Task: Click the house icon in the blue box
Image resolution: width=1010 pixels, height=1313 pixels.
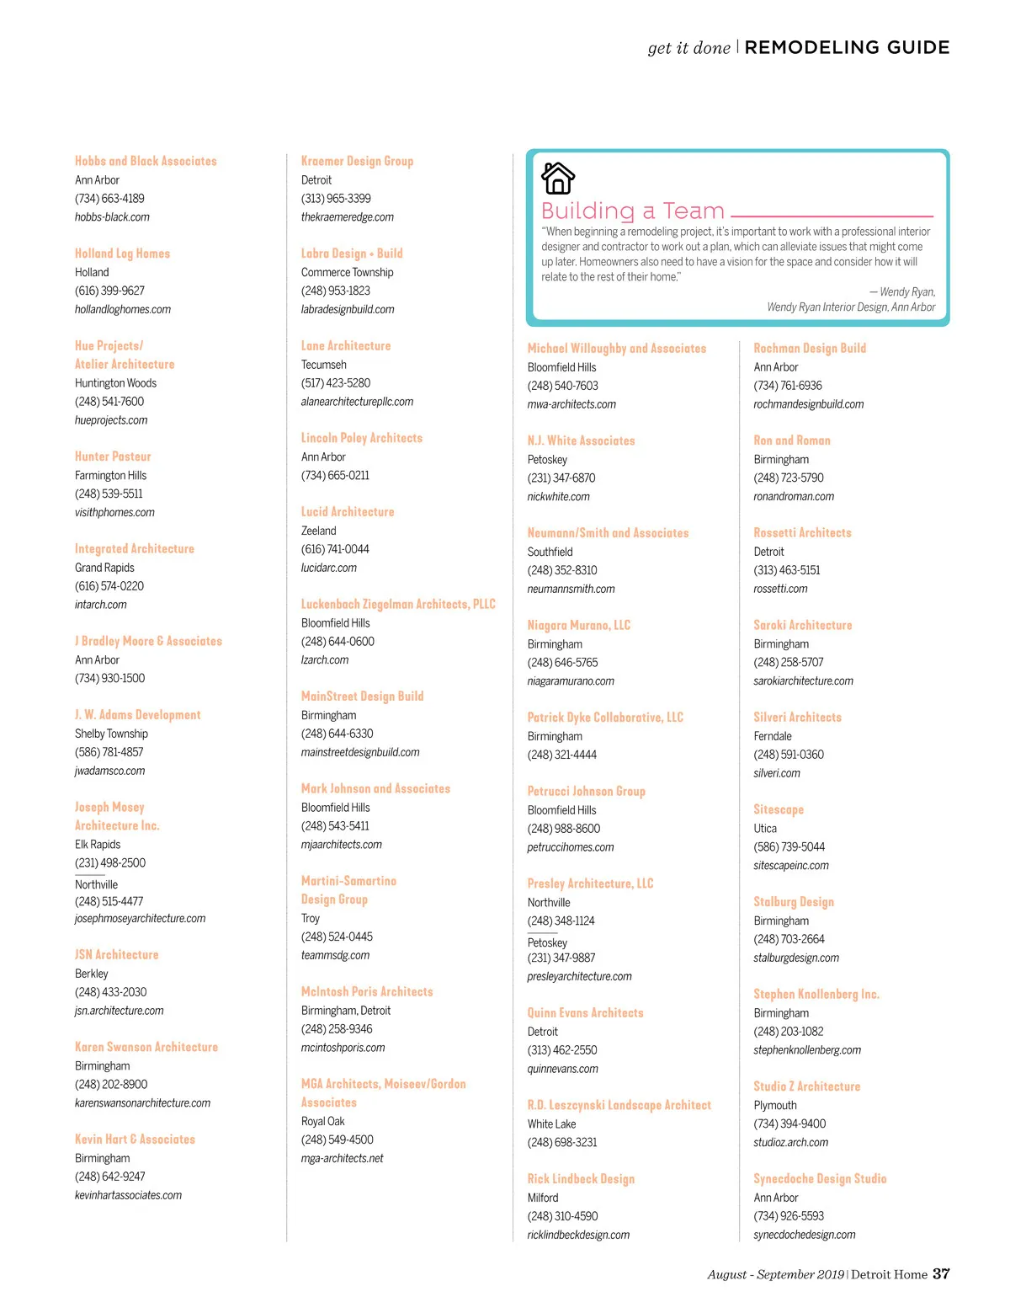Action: pos(558,178)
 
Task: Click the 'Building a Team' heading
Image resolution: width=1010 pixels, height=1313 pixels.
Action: pos(632,211)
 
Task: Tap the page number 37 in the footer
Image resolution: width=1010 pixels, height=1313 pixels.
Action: pos(941,1273)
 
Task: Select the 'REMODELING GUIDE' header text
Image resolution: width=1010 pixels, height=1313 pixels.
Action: pos(847,48)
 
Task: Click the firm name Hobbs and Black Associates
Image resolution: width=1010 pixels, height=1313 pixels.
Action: pos(146,161)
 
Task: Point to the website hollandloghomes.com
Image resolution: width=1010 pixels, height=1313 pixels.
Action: pos(123,309)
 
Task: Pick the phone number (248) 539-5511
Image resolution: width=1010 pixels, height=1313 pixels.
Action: pos(109,494)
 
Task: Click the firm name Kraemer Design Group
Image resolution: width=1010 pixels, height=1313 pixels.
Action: pos(357,161)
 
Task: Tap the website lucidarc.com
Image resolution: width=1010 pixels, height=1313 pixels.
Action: pos(329,568)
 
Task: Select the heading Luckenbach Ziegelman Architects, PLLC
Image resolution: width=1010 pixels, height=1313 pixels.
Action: pos(398,604)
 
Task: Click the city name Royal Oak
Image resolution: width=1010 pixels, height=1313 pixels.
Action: pos(323,1121)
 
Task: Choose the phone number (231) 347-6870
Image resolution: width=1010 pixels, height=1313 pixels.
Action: pos(561,478)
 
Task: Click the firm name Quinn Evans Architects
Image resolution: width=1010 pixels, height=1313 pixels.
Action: pos(585,1012)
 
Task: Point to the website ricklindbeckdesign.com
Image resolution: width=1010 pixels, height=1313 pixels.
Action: pos(578,1235)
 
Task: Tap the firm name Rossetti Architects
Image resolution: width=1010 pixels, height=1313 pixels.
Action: pos(802,532)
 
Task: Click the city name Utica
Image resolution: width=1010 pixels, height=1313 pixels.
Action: pos(765,828)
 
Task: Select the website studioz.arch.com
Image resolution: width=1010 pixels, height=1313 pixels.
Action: pos(790,1142)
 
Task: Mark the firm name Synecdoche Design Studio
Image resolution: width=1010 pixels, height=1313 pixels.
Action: pos(820,1178)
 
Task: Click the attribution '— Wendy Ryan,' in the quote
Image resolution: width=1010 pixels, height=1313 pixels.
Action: pos(902,292)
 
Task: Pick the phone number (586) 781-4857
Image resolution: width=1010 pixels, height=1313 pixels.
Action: pos(109,752)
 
